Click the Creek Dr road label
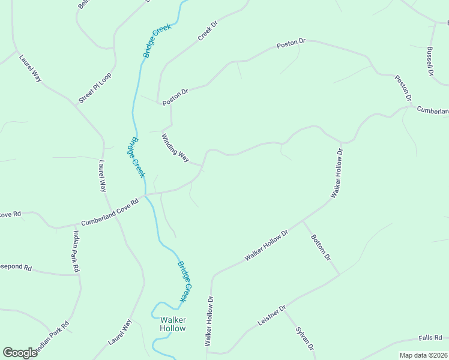[x=208, y=32]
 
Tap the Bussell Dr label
[x=430, y=61]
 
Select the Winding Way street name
[x=175, y=148]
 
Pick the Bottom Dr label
[x=321, y=247]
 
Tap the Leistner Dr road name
[x=273, y=315]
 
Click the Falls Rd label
[x=430, y=338]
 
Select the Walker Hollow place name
[x=173, y=324]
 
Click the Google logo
[x=20, y=353]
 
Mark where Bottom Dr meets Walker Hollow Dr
[x=303, y=221]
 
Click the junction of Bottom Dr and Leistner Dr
[x=340, y=275]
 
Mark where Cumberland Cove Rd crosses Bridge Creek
[x=145, y=195]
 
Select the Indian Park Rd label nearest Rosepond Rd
[x=76, y=252]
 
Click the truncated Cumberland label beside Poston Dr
[x=432, y=110]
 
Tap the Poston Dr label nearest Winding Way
[x=175, y=97]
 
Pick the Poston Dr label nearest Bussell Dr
[x=403, y=88]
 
